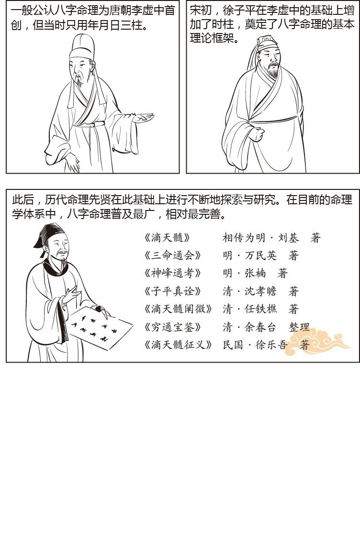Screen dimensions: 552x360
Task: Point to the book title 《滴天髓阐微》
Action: pos(178,309)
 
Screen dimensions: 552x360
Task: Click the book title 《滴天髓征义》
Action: pos(178,345)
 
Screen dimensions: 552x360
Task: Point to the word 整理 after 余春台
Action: pos(299,327)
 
